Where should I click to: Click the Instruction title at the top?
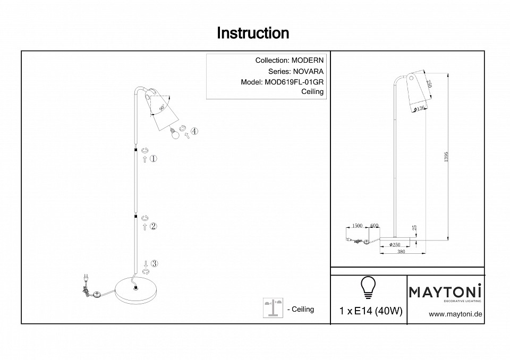click(253, 33)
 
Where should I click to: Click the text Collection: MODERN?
click(289, 61)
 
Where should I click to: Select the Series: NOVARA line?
click(296, 71)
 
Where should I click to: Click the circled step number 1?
click(154, 159)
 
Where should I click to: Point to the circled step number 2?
click(154, 226)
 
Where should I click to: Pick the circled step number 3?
click(154, 263)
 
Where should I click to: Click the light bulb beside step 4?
click(173, 134)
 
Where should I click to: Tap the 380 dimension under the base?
click(401, 252)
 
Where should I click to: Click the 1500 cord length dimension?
click(357, 226)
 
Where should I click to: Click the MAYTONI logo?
click(445, 292)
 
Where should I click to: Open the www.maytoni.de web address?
click(455, 314)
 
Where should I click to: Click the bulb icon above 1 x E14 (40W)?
click(368, 288)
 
